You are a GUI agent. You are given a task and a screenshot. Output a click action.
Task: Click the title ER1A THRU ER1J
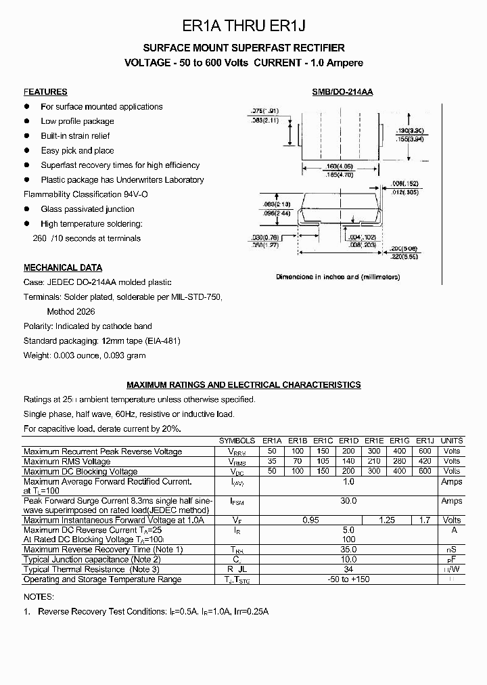pos(244,26)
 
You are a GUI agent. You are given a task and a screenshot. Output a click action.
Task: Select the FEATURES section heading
pos(45,92)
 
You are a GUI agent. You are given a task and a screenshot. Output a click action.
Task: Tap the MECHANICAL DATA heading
pos(63,267)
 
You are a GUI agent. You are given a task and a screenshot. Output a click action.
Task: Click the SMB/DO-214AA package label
pos(338,92)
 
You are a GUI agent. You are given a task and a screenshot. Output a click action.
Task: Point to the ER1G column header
pos(400,441)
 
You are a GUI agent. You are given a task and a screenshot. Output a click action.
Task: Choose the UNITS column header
pos(451,441)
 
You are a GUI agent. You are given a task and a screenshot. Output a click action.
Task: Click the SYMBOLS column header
pos(237,441)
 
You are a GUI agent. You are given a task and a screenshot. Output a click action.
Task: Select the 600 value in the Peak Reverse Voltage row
pos(425,451)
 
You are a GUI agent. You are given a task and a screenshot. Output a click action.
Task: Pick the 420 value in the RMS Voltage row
pos(425,461)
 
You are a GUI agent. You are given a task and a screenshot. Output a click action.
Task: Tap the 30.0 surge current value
pos(348,501)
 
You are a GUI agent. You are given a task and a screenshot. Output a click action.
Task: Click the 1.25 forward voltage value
pos(388,520)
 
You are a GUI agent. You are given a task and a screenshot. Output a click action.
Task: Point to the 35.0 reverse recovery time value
pos(348,550)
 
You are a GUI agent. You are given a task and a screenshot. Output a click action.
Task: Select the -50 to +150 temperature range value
pos(348,579)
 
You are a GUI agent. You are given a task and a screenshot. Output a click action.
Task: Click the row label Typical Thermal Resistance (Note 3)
pos(91,569)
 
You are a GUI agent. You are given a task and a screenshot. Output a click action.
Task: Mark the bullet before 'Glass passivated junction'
pos(27,209)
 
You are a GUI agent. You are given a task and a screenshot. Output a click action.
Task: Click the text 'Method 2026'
pos(71,312)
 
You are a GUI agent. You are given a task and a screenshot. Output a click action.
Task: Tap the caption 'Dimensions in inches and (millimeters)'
pos(338,277)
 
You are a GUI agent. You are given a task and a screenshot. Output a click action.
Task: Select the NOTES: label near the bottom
pos(38,596)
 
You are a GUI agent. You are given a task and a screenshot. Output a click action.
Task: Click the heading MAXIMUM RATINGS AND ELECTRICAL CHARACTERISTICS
pos(243,384)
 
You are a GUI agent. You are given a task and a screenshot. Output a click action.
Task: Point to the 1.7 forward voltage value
pos(425,520)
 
